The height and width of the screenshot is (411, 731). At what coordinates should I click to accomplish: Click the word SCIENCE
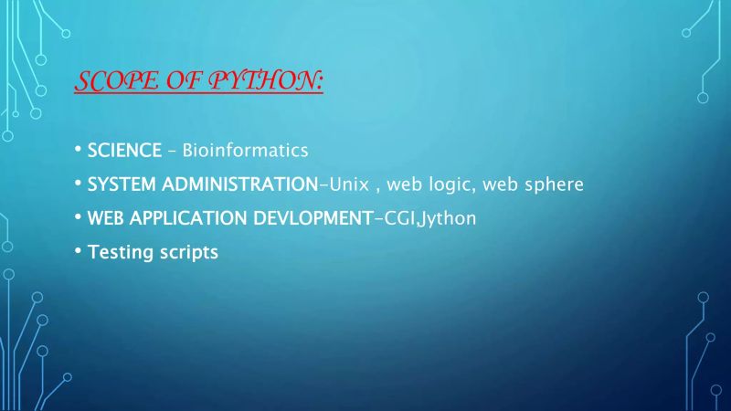pyautogui.click(x=125, y=149)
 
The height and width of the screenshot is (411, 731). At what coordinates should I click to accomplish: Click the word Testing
pyautogui.click(x=117, y=252)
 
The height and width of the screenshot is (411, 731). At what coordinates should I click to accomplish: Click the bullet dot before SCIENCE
pyautogui.click(x=79, y=148)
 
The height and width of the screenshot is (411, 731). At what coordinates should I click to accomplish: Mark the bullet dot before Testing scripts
pyautogui.click(x=79, y=250)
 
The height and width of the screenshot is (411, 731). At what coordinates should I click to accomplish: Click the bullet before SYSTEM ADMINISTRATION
pyautogui.click(x=79, y=183)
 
